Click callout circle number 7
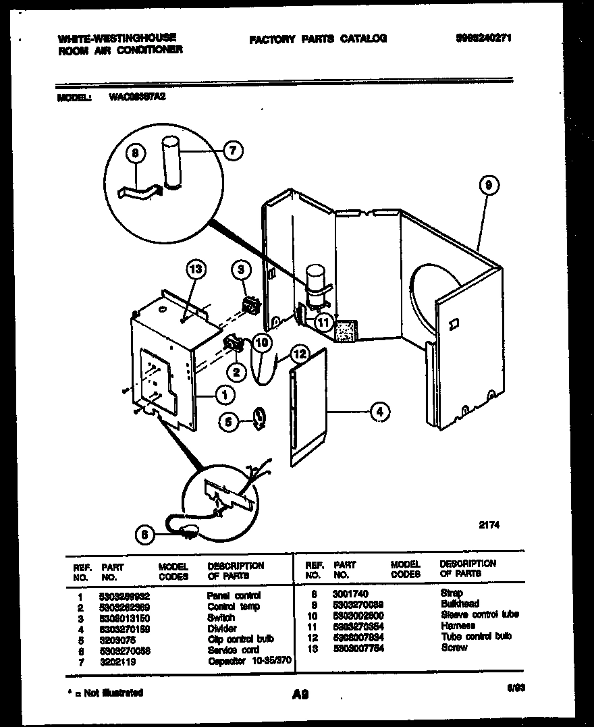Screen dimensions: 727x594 (x=232, y=152)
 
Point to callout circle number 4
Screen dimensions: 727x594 (x=380, y=410)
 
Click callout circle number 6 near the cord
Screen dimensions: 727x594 (x=143, y=535)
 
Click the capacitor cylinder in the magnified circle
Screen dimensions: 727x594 (x=173, y=162)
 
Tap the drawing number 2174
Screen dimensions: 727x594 (x=491, y=523)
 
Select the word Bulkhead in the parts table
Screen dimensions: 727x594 (x=460, y=603)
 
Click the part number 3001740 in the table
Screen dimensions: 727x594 (x=350, y=593)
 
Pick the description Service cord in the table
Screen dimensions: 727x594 (x=234, y=649)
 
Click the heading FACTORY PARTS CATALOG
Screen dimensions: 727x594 (x=317, y=39)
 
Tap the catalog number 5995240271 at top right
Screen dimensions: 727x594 (x=483, y=38)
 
